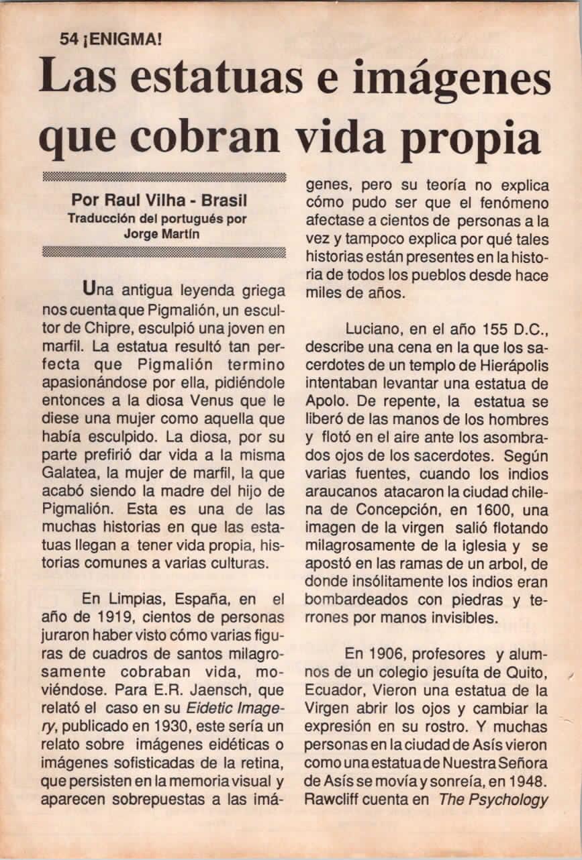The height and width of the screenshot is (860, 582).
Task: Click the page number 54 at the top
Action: coord(68,39)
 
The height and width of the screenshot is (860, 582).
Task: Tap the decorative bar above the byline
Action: coord(163,177)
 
